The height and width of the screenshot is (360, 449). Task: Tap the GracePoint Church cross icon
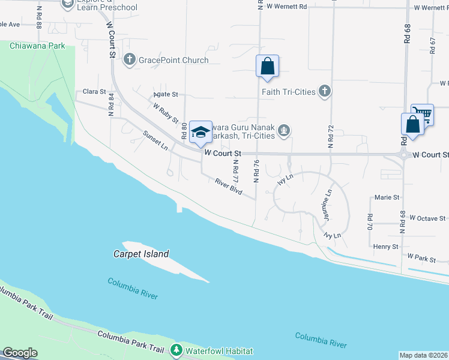click(129, 59)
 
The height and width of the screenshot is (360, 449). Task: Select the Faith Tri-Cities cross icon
click(325, 91)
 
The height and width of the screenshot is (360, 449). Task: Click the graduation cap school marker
click(200, 133)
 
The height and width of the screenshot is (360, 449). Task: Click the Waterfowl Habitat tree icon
click(176, 350)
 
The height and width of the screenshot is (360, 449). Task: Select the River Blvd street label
click(229, 187)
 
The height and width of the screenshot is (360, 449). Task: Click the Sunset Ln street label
click(155, 140)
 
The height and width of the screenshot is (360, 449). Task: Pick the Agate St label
click(166, 94)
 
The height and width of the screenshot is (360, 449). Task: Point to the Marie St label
click(387, 197)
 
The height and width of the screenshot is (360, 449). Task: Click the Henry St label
click(385, 247)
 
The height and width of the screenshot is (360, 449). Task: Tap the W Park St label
click(421, 257)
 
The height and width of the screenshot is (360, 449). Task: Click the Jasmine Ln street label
click(328, 204)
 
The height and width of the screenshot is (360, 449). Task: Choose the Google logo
click(20, 353)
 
